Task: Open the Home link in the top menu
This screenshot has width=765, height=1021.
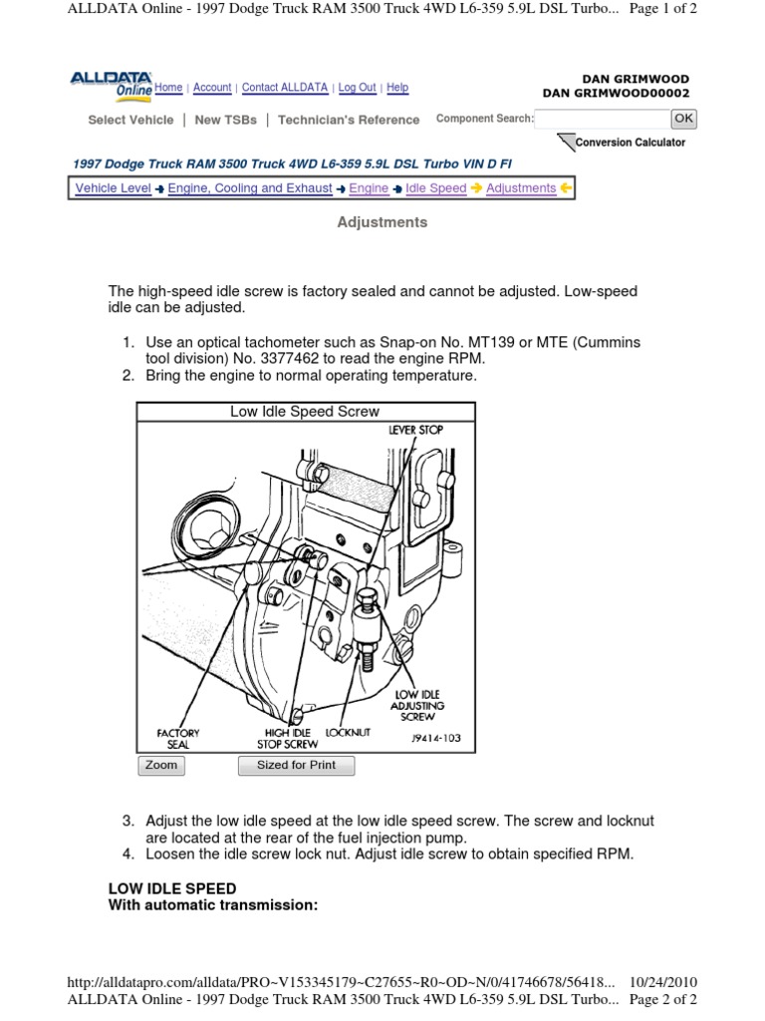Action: pyautogui.click(x=168, y=88)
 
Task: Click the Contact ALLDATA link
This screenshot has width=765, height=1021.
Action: pyautogui.click(x=285, y=88)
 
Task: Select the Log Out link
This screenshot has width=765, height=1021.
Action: pyautogui.click(x=357, y=88)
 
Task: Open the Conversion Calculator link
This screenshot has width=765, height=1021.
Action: pyautogui.click(x=632, y=143)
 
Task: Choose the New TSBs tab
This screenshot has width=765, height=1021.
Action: pyautogui.click(x=225, y=120)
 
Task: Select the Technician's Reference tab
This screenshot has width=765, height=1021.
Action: pyautogui.click(x=349, y=120)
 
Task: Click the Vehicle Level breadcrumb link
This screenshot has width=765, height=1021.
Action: pyautogui.click(x=113, y=188)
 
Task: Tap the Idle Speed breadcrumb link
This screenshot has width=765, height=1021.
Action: pyautogui.click(x=435, y=188)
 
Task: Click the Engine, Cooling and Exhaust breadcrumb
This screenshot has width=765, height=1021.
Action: pyautogui.click(x=249, y=188)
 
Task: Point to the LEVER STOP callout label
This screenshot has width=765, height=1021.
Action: pyautogui.click(x=415, y=430)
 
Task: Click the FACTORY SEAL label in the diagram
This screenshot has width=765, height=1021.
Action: pyautogui.click(x=178, y=738)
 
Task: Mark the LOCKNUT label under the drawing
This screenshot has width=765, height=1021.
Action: pyautogui.click(x=348, y=732)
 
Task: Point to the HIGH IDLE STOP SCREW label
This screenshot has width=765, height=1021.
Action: pyautogui.click(x=288, y=738)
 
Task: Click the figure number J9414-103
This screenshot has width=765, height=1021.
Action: pyautogui.click(x=435, y=739)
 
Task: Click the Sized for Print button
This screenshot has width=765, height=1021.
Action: pyautogui.click(x=296, y=766)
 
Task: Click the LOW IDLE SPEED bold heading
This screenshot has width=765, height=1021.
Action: pyautogui.click(x=171, y=888)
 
